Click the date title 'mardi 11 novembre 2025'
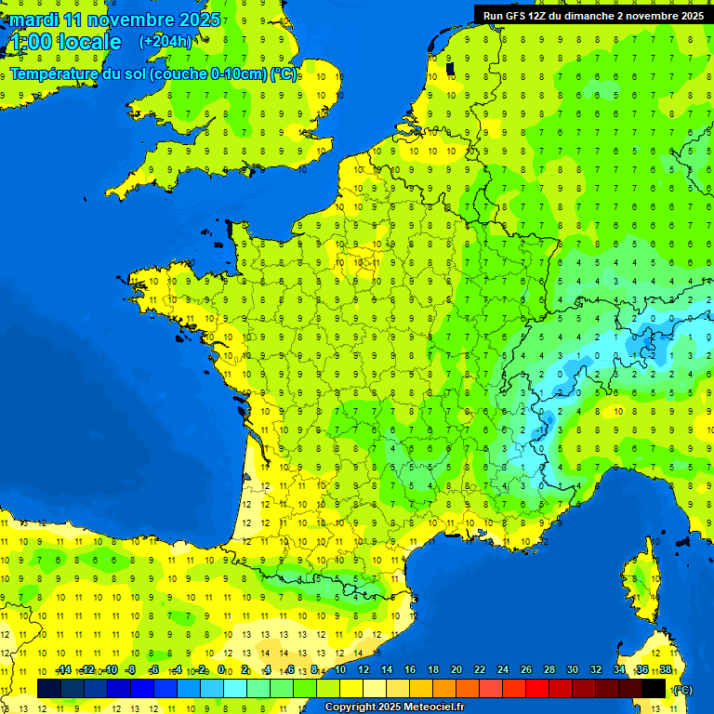click(x=115, y=20)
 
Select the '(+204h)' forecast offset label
click(x=165, y=42)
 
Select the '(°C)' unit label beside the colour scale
click(x=682, y=689)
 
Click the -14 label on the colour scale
click(x=63, y=669)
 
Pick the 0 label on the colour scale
click(x=221, y=669)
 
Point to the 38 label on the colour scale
click(x=666, y=669)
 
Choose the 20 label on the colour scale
click(x=456, y=669)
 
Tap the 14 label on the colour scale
click(x=386, y=669)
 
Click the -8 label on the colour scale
click(x=131, y=669)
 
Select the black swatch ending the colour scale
click(x=654, y=688)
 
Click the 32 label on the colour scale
click(x=596, y=669)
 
